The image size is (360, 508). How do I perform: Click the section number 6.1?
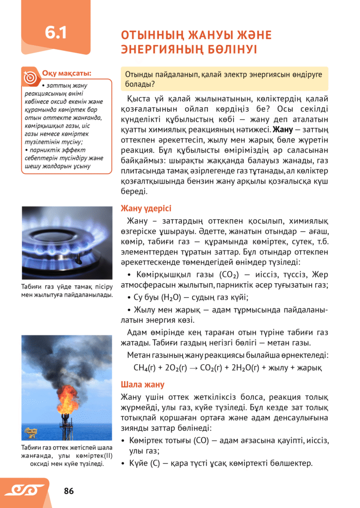point(56,33)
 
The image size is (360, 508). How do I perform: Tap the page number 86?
point(69,491)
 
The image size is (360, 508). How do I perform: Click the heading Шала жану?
point(143,385)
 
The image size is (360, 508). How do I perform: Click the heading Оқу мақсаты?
point(67,73)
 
